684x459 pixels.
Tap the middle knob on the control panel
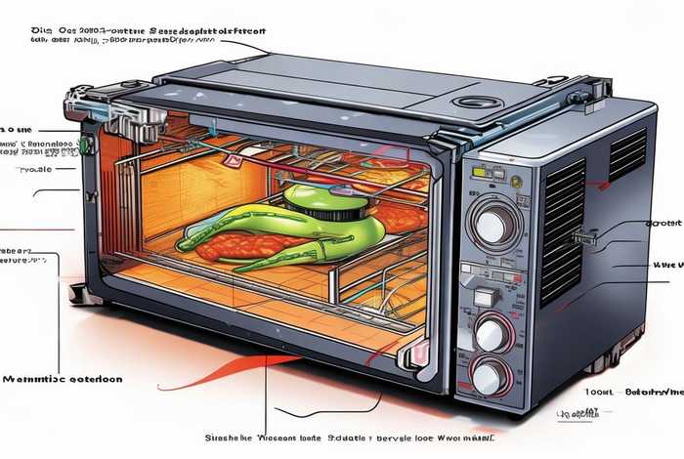click(x=492, y=333)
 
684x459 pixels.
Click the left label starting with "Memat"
click(x=63, y=378)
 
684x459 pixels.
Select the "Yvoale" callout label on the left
click(x=34, y=168)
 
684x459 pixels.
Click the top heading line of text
click(x=147, y=30)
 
